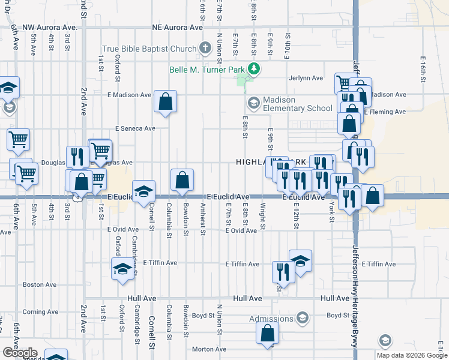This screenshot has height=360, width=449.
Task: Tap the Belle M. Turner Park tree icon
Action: pos(255,68)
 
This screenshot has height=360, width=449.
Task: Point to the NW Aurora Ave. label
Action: pos(50,28)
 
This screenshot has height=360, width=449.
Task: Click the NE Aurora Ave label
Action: pos(178,28)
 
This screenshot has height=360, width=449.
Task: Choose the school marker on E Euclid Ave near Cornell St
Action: pos(143,191)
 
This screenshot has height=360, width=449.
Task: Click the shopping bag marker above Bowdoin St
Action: pos(182,179)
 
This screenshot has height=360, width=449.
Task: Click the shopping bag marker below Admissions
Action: pos(267,333)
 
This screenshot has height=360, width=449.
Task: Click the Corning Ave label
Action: pos(42,312)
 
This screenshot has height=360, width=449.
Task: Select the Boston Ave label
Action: pos(40,284)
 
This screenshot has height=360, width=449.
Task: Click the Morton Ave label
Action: pos(208,349)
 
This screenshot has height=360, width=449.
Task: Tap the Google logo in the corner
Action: pos(19,353)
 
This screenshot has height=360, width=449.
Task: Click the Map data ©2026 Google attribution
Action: pos(411,355)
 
